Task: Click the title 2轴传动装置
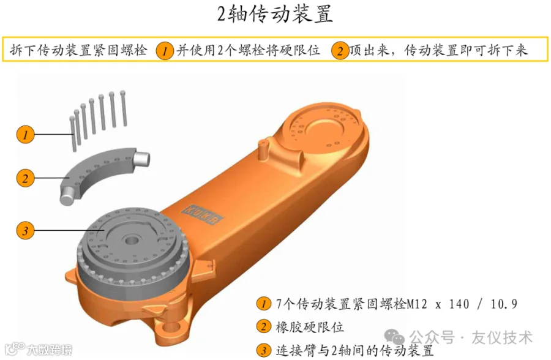tap(275, 14)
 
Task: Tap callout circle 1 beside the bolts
tap(25, 134)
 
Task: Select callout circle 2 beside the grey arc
tap(25, 178)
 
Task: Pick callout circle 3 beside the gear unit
tap(25, 231)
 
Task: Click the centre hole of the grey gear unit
tap(132, 241)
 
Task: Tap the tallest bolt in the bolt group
tap(123, 108)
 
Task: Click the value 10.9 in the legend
tap(504, 304)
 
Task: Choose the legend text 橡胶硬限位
tap(310, 327)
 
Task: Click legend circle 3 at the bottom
tap(263, 350)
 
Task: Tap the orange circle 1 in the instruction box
tap(165, 51)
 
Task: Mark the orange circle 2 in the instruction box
tap(340, 51)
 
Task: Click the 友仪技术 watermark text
tap(502, 337)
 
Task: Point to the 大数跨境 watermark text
tap(50, 350)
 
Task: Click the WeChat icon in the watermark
tap(394, 337)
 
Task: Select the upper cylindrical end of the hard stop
tap(141, 158)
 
